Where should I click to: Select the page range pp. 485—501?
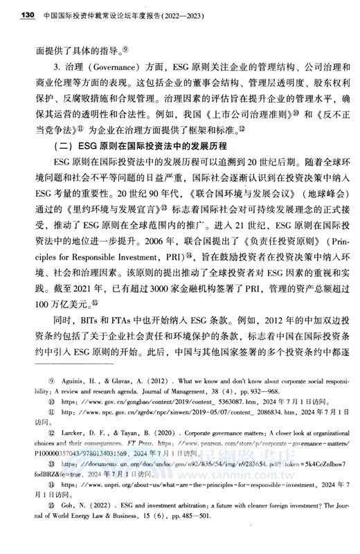click(x=157, y=539)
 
